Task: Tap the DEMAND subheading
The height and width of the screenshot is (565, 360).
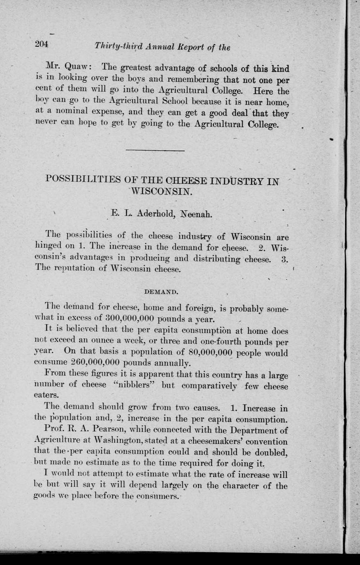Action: (161, 292)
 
